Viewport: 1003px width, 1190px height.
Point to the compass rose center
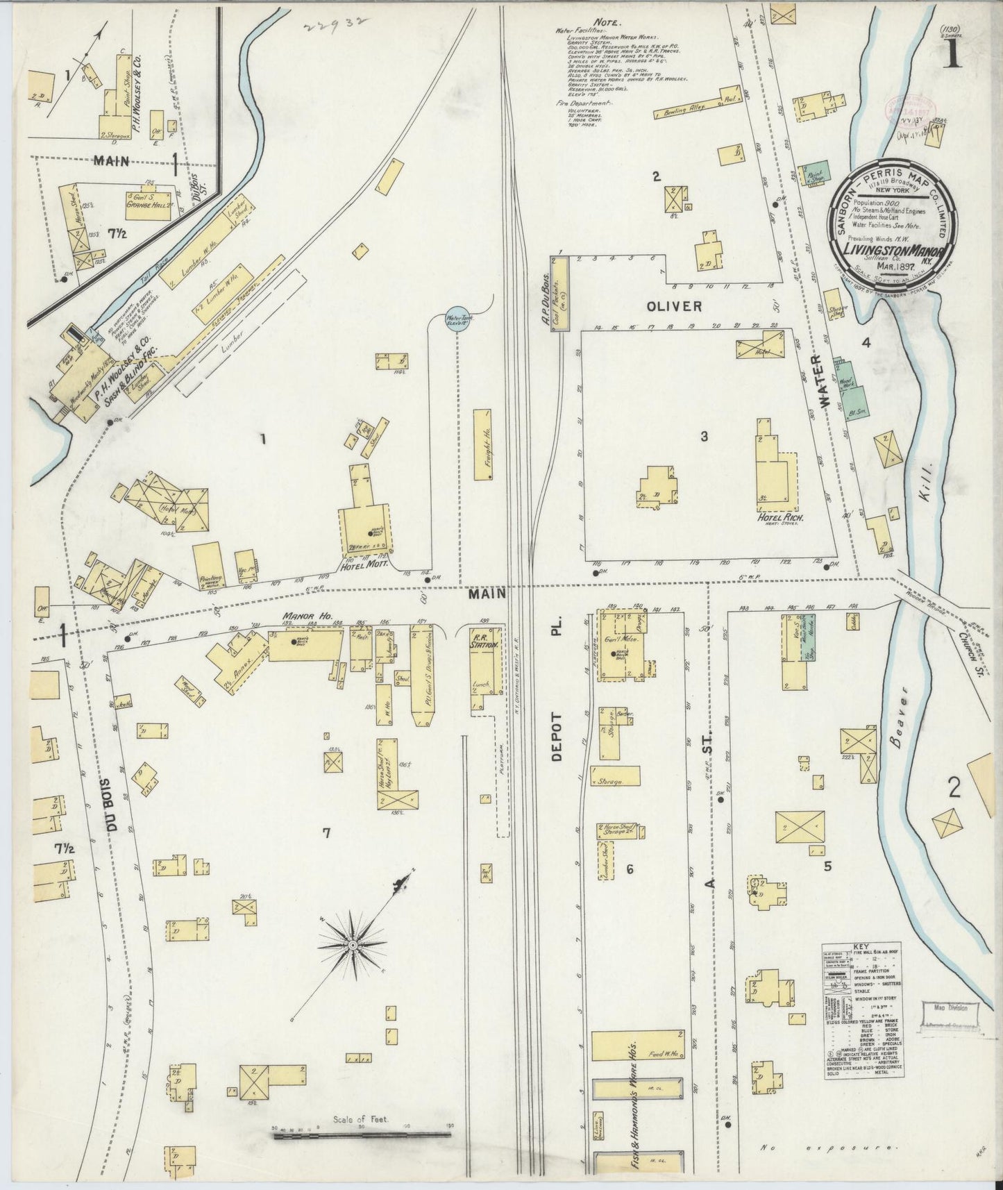click(x=353, y=945)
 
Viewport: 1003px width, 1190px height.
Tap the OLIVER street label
click(x=674, y=306)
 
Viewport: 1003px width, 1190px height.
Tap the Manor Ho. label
click(x=299, y=616)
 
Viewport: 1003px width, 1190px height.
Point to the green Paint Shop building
click(x=812, y=176)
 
